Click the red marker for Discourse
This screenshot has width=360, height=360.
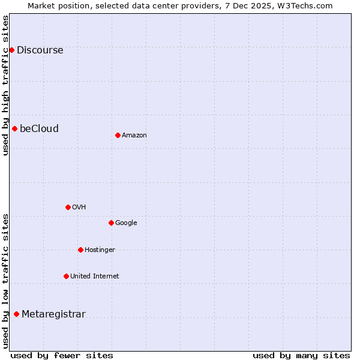pyautogui.click(x=11, y=50)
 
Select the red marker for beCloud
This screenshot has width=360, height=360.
pyautogui.click(x=14, y=128)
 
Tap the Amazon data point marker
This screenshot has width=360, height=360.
pyautogui.click(x=118, y=135)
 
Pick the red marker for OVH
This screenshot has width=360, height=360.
pyautogui.click(x=68, y=207)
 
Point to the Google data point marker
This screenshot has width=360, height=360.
pyautogui.click(x=111, y=223)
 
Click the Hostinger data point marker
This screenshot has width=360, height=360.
pyautogui.click(x=80, y=250)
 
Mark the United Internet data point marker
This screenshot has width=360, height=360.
pyautogui.click(x=66, y=276)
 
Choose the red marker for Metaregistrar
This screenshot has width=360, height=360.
pyautogui.click(x=16, y=314)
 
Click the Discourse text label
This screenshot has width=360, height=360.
pyautogui.click(x=40, y=50)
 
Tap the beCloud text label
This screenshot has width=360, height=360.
pyautogui.click(x=39, y=129)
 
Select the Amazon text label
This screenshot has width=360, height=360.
pyautogui.click(x=134, y=136)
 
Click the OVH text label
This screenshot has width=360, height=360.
pyautogui.click(x=79, y=208)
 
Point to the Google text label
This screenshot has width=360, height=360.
pyautogui.click(x=126, y=223)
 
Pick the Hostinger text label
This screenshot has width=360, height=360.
pyautogui.click(x=100, y=250)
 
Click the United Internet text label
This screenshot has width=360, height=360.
pyautogui.click(x=94, y=277)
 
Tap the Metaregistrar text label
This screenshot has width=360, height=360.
pyautogui.click(x=53, y=314)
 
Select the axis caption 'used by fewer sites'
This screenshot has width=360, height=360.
pyautogui.click(x=62, y=355)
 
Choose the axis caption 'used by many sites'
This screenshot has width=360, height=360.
pyautogui.click(x=301, y=355)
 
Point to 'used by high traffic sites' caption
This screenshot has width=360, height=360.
pyautogui.click(x=5, y=85)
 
